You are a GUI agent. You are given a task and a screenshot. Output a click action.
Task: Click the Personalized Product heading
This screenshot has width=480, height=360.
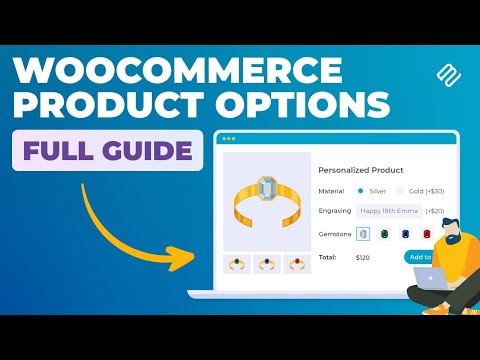pyautogui.click(x=359, y=169)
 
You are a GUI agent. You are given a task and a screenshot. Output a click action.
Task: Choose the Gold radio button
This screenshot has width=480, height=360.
pyautogui.click(x=400, y=190)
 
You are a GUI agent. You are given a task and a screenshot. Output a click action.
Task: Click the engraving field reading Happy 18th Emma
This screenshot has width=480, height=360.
pyautogui.click(x=389, y=211)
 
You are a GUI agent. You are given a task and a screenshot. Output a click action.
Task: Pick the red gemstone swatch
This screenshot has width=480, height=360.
pyautogui.click(x=427, y=234)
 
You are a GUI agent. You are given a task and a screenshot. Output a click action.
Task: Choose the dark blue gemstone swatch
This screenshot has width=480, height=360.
pyautogui.click(x=406, y=234)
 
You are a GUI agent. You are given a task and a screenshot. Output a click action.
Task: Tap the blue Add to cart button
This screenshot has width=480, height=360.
pyautogui.click(x=419, y=257)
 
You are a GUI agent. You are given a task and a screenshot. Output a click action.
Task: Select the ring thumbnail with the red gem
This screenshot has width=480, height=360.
pyautogui.click(x=297, y=264)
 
